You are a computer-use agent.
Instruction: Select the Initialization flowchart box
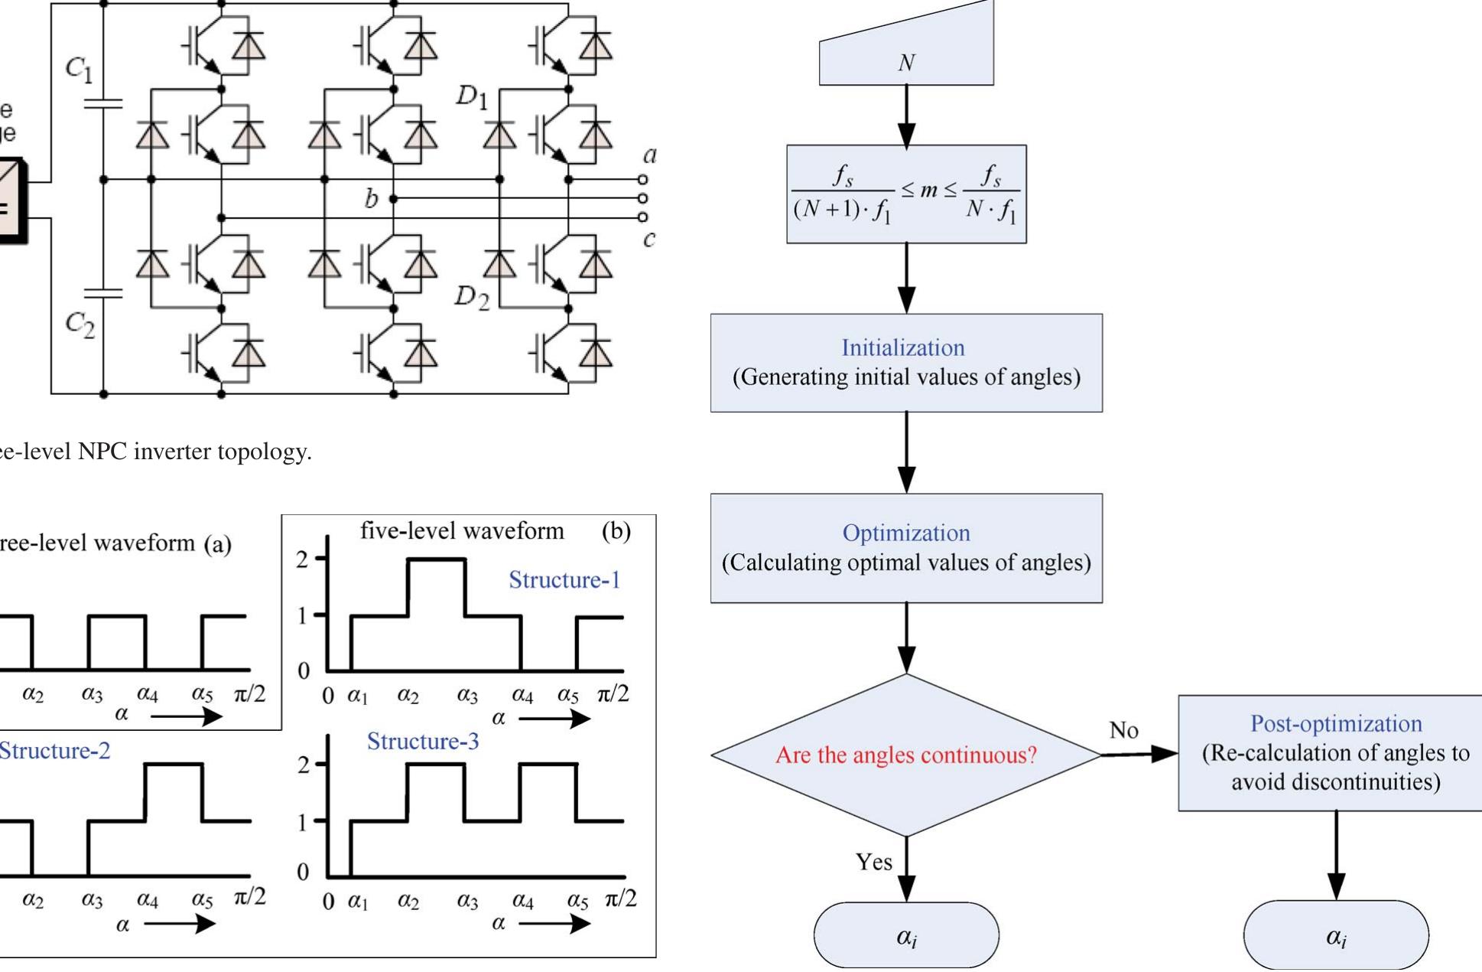[906, 362]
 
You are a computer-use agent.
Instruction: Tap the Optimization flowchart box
[906, 548]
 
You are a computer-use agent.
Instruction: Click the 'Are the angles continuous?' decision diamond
[906, 755]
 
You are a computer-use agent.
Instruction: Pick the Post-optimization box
[1335, 752]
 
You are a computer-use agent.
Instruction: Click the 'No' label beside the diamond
[1123, 731]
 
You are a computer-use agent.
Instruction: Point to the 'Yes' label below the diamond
[873, 863]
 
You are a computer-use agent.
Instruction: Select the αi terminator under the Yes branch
[906, 935]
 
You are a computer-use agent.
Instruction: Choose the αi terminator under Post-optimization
[1335, 935]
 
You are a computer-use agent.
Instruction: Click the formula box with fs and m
[906, 194]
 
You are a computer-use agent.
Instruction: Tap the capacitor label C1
[79, 70]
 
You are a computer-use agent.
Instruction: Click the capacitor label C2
[80, 326]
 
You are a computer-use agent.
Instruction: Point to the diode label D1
[472, 97]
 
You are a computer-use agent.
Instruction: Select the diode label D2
[472, 297]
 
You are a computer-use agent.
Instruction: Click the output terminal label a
[649, 155]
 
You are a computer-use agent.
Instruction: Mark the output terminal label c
[649, 240]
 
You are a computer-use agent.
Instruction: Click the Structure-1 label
[564, 580]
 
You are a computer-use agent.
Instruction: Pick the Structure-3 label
[423, 741]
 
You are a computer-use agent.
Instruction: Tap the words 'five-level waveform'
[462, 531]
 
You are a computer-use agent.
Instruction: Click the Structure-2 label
[55, 751]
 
